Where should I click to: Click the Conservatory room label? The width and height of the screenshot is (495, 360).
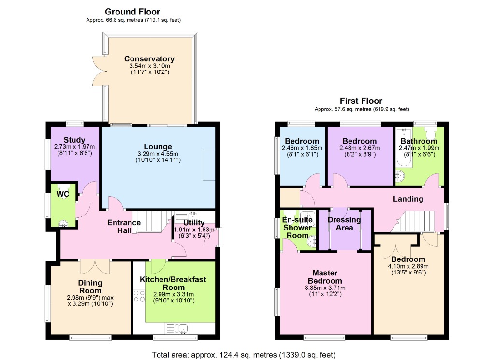pos(149,59)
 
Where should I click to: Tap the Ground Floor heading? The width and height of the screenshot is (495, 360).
pos(132,12)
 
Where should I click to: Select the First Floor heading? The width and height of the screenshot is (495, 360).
pos(361,101)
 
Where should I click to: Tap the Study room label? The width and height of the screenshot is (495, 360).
pos(74,140)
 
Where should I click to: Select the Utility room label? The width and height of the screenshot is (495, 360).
pos(193,222)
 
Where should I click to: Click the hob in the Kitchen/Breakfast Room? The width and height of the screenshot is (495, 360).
pos(139,296)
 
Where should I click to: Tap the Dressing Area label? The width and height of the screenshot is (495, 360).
pos(344,224)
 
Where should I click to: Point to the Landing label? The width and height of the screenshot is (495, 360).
pos(408,199)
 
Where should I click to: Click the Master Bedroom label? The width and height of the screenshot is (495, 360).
pos(327,276)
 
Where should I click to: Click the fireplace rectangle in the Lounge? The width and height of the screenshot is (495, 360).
pos(208,165)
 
